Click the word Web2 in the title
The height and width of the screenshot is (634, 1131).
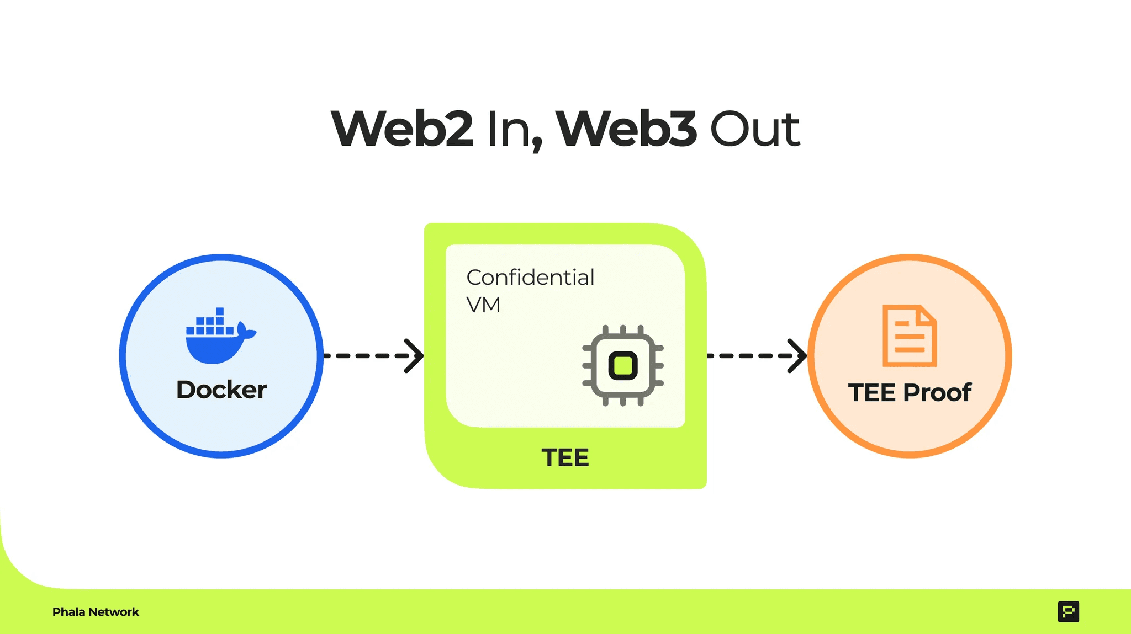[x=403, y=129]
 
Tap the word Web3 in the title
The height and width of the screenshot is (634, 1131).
[x=626, y=129]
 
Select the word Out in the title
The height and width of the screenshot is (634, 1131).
[x=754, y=129]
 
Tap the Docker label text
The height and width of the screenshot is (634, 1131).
[x=221, y=390]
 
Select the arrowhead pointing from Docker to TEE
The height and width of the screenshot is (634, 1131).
[x=414, y=356]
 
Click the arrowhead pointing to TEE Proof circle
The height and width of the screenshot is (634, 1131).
[x=797, y=356]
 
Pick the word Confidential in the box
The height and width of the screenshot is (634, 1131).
[x=530, y=278]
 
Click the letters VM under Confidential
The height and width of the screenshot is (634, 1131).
[x=483, y=305]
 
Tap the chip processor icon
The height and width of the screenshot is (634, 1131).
[x=623, y=366]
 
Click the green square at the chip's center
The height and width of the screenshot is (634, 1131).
[x=623, y=366]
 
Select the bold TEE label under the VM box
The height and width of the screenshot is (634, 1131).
[x=565, y=458]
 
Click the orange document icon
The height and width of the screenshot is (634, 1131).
[x=909, y=336]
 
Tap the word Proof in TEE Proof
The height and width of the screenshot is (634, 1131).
[x=937, y=393]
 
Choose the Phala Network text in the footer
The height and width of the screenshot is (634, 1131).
[x=96, y=612]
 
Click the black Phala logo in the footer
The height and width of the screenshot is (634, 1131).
[x=1068, y=611]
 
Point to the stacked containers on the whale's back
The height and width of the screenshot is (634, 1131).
[x=210, y=323]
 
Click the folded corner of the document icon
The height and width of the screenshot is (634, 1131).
[x=926, y=315]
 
